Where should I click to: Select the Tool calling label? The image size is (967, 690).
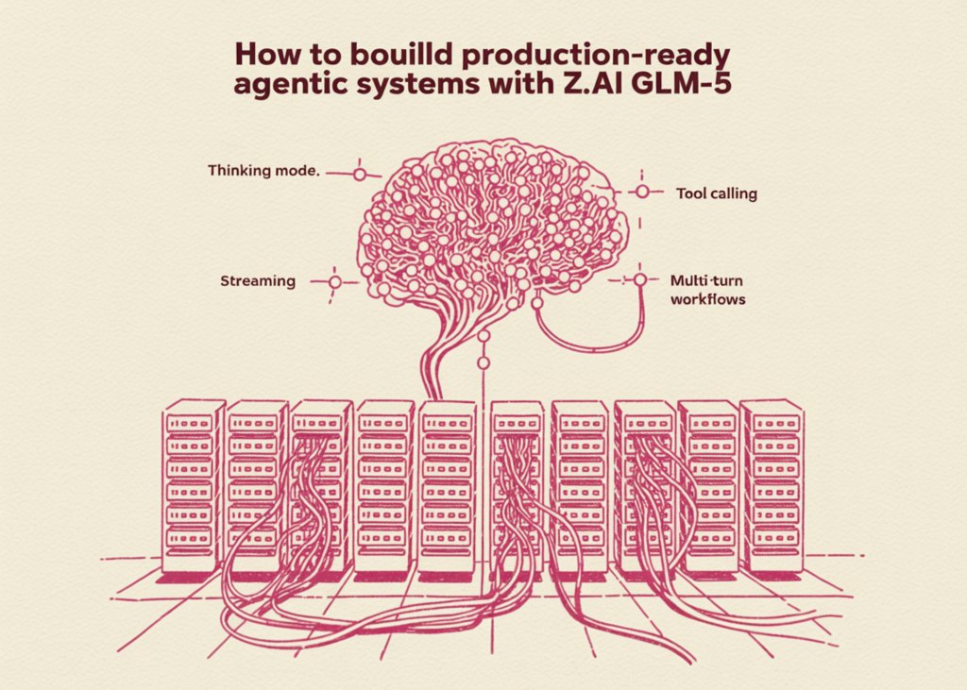pyautogui.click(x=716, y=194)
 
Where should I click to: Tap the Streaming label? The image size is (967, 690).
pyautogui.click(x=258, y=280)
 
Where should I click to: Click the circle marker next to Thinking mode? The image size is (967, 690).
pyautogui.click(x=358, y=174)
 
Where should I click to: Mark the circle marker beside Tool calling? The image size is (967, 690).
pyautogui.click(x=642, y=192)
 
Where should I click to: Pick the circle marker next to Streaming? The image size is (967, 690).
pyautogui.click(x=332, y=281)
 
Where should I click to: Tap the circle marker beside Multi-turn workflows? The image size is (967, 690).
pyautogui.click(x=639, y=279)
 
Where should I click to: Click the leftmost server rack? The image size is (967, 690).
pyautogui.click(x=193, y=486)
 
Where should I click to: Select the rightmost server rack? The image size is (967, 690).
pyautogui.click(x=772, y=486)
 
